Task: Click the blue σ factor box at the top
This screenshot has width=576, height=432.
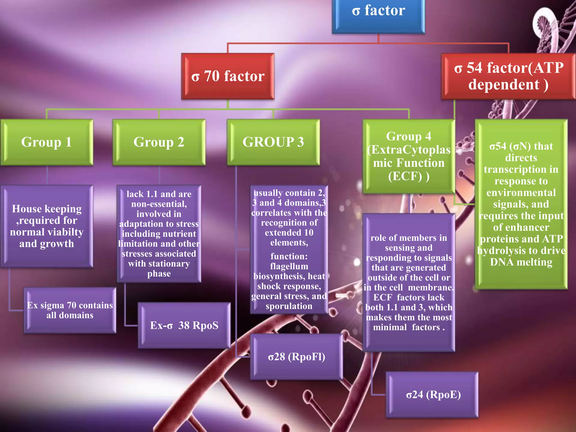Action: pyautogui.click(x=378, y=14)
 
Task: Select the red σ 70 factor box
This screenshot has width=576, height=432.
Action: pyautogui.click(x=228, y=76)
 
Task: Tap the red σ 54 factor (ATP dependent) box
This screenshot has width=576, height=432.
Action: pyautogui.click(x=508, y=76)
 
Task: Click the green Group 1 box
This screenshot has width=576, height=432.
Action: pyautogui.click(x=47, y=142)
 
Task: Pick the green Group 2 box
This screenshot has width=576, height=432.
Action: pyautogui.click(x=159, y=142)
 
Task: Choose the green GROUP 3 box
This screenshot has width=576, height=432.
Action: pyautogui.click(x=273, y=142)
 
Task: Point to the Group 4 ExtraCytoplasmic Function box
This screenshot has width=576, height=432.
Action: pyautogui.click(x=409, y=156)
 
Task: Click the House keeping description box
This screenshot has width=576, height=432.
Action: pyautogui.click(x=47, y=226)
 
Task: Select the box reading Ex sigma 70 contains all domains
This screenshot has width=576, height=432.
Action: pyautogui.click(x=70, y=310)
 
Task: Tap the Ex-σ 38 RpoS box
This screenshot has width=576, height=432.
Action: pyautogui.click(x=184, y=325)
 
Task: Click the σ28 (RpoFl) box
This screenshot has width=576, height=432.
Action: pyautogui.click(x=296, y=357)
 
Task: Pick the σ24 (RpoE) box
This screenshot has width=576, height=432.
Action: pyautogui.click(x=432, y=395)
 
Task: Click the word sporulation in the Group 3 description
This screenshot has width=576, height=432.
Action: pyautogui.click(x=289, y=306)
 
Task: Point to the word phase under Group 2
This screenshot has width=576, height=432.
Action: pyautogui.click(x=159, y=274)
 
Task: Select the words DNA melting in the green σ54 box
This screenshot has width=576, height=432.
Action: pyautogui.click(x=521, y=262)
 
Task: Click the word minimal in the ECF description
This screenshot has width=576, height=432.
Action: pyautogui.click(x=390, y=327)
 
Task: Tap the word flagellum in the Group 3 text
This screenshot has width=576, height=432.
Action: pyautogui.click(x=289, y=266)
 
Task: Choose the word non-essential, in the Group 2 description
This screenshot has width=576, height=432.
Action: pyautogui.click(x=159, y=204)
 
